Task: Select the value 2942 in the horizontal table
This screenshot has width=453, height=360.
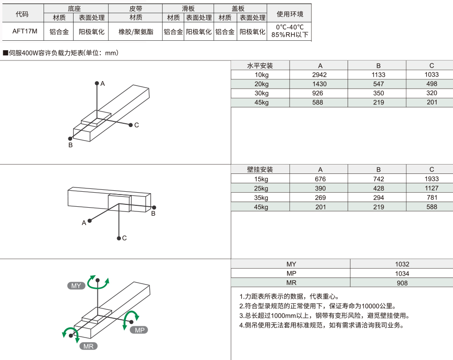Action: click(319, 75)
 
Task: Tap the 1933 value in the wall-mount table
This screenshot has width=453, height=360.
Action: click(431, 179)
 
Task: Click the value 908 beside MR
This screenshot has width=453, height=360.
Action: click(401, 283)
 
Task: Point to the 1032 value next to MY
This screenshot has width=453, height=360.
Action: click(401, 264)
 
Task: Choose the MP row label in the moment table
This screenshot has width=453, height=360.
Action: click(291, 273)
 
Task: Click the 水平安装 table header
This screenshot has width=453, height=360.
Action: click(260, 66)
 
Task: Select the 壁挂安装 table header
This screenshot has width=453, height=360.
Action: click(260, 169)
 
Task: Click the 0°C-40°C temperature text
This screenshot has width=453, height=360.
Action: click(290, 27)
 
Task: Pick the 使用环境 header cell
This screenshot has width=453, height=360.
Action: click(290, 14)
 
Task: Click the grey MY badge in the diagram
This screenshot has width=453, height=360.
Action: click(76, 285)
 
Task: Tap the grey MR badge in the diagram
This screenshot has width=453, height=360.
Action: click(88, 346)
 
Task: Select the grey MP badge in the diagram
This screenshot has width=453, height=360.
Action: click(139, 330)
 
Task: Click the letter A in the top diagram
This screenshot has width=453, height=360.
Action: click(103, 83)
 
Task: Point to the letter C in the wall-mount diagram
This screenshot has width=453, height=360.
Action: click(125, 238)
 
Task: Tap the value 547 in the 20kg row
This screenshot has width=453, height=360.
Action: click(378, 84)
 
